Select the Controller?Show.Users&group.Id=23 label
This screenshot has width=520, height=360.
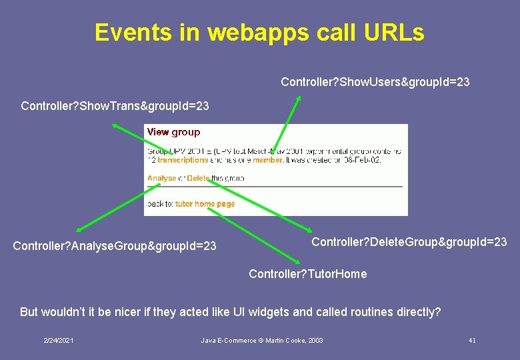375,82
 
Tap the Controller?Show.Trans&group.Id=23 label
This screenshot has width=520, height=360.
115,106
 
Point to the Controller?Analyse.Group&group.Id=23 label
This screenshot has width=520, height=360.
115,247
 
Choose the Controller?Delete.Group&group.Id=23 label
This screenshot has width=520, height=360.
409,241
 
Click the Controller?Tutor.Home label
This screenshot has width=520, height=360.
307,274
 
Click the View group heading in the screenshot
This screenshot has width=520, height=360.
173,132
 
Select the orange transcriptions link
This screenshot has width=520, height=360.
183,160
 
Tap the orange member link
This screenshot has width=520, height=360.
267,160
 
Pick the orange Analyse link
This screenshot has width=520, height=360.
161,178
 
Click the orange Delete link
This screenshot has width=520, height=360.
198,178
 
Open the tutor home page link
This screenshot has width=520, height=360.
205,204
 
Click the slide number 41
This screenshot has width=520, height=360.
472,341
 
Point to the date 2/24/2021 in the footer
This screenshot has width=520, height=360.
59,341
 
